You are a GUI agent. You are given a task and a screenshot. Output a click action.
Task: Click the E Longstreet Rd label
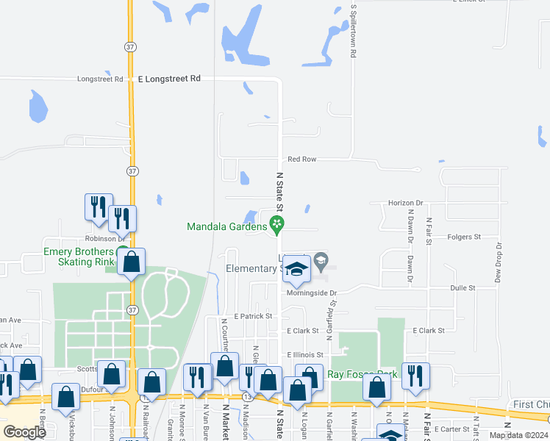[x=169, y=79]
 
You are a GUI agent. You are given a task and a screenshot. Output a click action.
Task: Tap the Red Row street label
[x=301, y=159]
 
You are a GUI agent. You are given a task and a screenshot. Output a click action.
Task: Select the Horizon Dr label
[x=407, y=203]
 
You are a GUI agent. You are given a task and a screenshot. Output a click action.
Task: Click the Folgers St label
[x=464, y=237]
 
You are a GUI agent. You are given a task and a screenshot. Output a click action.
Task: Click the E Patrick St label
[x=253, y=316]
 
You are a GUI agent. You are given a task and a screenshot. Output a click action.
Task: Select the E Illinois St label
[x=305, y=354]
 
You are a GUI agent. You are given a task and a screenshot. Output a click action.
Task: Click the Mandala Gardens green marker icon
[x=277, y=224]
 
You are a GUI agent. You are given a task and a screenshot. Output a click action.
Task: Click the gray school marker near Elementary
[x=321, y=260]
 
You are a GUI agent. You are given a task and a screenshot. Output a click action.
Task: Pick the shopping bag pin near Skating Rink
[x=132, y=262]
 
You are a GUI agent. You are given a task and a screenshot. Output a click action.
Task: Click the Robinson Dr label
[x=105, y=239]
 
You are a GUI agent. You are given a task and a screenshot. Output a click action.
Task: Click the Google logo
[x=24, y=431]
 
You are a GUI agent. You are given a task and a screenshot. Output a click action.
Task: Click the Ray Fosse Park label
[x=362, y=374]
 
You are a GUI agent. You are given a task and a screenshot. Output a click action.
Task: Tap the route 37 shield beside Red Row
[x=131, y=171]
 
